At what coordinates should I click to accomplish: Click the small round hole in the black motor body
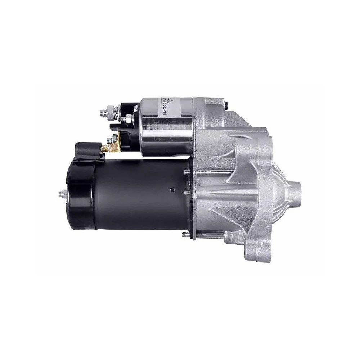point(172,190)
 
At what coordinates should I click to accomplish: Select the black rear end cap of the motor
point(81,196)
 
